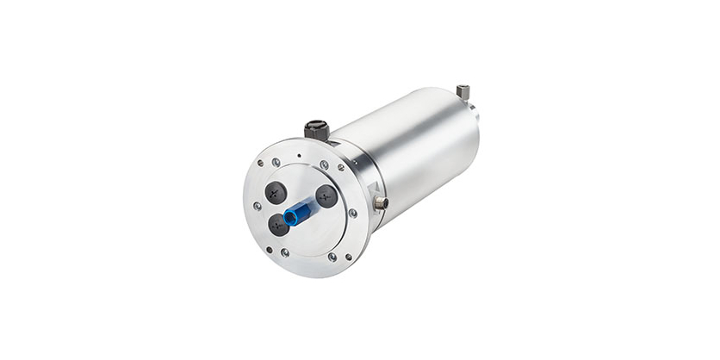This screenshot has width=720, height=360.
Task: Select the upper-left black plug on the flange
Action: pos(275,191)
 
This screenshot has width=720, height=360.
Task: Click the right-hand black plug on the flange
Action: pos(326,196)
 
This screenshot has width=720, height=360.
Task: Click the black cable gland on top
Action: pos(316,131)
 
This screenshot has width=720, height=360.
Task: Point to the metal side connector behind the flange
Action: pos(379,203)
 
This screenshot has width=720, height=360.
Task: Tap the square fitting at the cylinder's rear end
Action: pos(463,91)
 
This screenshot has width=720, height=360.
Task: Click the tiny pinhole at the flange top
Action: pos(298,155)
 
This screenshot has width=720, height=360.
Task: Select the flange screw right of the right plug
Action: pos(352,213)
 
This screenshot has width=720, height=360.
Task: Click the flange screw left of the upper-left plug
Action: pos(257,206)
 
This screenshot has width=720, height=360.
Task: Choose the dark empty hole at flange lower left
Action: pos(269,251)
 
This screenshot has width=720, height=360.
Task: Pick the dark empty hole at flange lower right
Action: pos(348,257)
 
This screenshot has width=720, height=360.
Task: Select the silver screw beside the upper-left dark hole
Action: pos(276,162)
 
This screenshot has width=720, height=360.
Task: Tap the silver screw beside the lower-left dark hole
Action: pos(284,252)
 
